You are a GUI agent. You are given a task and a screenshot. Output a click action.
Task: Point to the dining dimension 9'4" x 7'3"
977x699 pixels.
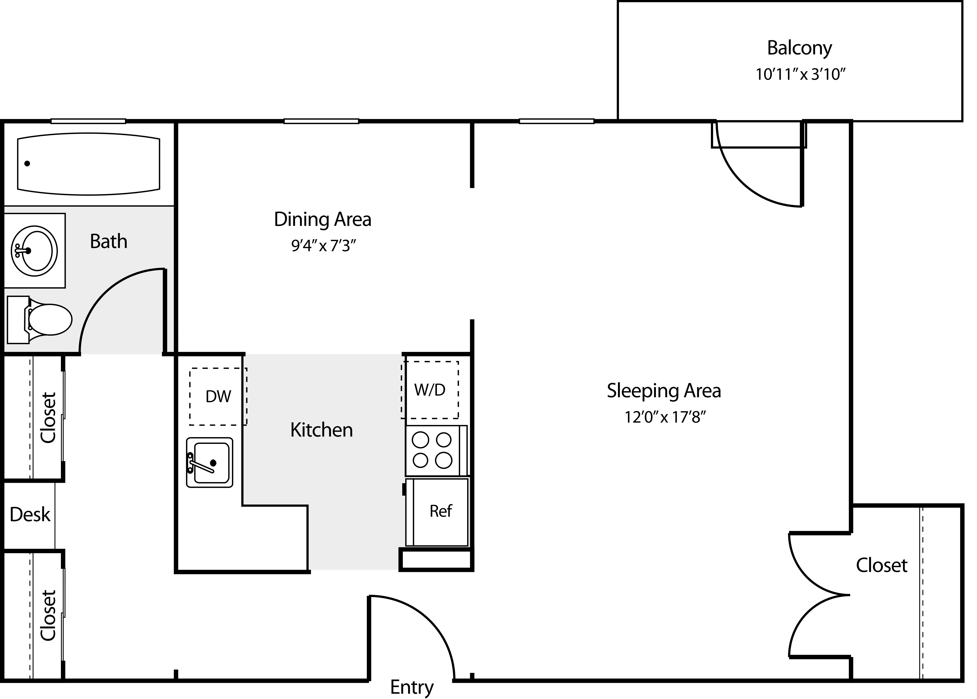[x=324, y=246]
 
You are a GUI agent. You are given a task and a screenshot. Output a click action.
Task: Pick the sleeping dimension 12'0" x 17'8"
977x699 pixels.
[x=665, y=417]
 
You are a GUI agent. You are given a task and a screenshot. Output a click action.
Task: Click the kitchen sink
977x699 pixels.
[x=210, y=462]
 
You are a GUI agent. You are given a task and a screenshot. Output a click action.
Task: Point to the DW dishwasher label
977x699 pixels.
[x=218, y=396]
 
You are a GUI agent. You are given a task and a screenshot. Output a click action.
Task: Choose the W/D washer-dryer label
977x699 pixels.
[x=430, y=390]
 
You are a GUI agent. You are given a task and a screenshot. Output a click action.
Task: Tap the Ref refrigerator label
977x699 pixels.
[x=441, y=511]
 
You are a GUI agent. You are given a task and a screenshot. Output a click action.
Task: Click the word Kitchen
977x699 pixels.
[x=322, y=430]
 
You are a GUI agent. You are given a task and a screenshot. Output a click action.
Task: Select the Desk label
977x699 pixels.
[x=30, y=514]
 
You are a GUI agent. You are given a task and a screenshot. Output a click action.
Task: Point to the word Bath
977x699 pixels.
[x=109, y=241]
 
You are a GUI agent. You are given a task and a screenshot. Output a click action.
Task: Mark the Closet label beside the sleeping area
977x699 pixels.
[x=882, y=565]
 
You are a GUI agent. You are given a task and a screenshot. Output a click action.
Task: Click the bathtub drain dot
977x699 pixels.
[x=27, y=164]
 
